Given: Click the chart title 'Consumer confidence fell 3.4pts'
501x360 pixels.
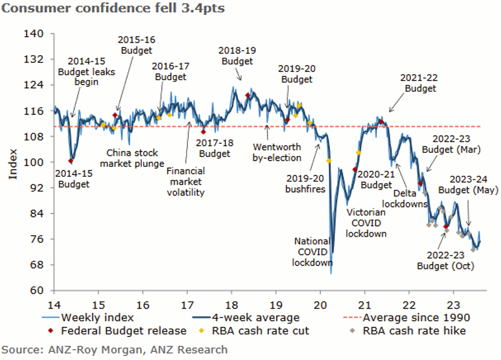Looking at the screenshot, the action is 113,8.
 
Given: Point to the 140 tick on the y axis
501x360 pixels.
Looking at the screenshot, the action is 33,33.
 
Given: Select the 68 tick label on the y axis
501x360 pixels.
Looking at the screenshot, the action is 36,265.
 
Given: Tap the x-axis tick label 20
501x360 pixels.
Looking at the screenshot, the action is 320,305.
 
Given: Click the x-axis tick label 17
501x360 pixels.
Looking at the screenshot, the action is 187,305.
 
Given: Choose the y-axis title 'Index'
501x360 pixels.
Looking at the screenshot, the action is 13,164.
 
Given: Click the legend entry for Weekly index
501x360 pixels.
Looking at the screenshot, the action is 88,318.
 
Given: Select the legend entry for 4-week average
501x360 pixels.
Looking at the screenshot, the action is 246,318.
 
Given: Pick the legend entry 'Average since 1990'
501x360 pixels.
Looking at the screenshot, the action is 406,318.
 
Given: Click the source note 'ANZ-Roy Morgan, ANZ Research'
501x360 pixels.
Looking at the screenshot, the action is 138,350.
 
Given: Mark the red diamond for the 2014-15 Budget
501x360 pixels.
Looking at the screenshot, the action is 71,161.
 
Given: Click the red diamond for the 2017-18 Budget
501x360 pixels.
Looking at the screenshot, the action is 203,132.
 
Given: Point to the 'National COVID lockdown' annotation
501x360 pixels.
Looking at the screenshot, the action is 312,251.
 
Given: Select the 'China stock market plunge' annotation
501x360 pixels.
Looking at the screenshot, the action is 132,158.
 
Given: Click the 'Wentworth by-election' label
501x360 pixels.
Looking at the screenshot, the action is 277,152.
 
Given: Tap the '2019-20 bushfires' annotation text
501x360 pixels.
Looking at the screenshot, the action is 305,184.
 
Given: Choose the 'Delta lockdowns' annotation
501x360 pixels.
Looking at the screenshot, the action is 405,199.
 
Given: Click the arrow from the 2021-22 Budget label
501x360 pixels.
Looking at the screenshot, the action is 397,103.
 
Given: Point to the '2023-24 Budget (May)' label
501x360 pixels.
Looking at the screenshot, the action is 468,184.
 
